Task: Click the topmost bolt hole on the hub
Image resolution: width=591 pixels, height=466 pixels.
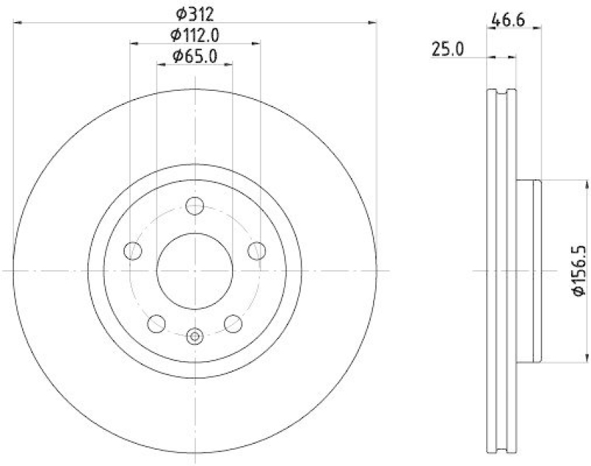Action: pyautogui.click(x=195, y=206)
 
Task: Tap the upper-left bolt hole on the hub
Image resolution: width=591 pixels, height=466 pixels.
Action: pyautogui.click(x=134, y=250)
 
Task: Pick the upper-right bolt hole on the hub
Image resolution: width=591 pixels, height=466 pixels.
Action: pyautogui.click(x=256, y=250)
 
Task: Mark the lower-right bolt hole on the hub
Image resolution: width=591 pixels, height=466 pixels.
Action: pyautogui.click(x=233, y=322)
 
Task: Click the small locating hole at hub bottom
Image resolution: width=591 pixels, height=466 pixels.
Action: pyautogui.click(x=195, y=337)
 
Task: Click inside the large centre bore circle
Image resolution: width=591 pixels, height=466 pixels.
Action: pyautogui.click(x=195, y=271)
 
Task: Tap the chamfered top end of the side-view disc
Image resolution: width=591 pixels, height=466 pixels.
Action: pyautogui.click(x=502, y=92)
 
